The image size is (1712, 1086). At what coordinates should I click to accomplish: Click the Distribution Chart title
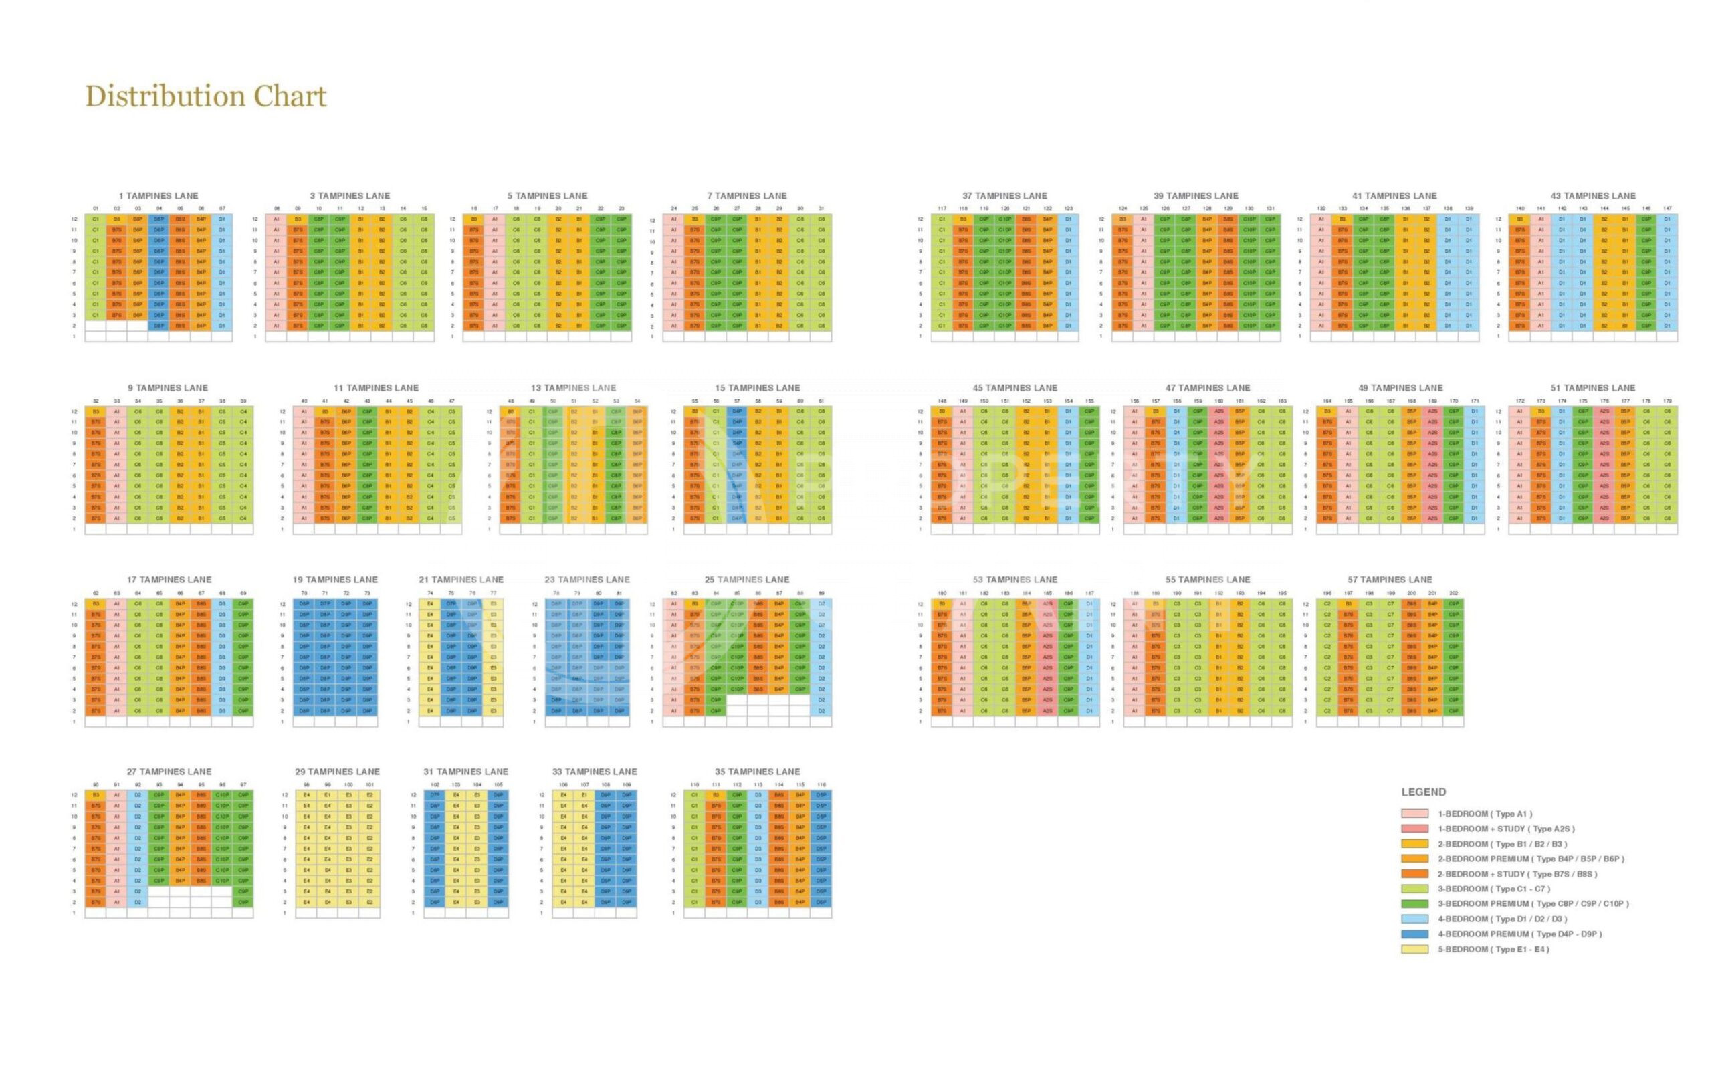click(x=205, y=97)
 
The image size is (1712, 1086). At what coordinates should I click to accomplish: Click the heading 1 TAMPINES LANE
click(x=158, y=195)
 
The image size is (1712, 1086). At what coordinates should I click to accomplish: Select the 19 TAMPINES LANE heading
click(x=335, y=580)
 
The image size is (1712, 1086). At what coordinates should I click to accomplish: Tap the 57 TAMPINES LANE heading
click(x=1389, y=580)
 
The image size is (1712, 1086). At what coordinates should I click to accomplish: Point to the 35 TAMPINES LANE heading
click(x=757, y=772)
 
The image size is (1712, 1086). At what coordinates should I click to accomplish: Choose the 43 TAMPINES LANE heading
click(x=1592, y=195)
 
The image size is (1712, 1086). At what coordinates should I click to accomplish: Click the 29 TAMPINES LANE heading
click(x=337, y=772)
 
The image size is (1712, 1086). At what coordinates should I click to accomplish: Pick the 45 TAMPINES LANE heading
click(x=1014, y=388)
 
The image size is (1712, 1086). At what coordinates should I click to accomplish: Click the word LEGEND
click(x=1423, y=792)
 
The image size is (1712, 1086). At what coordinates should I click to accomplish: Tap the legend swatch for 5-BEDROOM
click(x=1414, y=950)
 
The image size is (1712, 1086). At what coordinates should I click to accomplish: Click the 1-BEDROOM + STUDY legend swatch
click(x=1414, y=829)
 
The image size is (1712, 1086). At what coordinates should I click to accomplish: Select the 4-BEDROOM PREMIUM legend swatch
click(x=1414, y=935)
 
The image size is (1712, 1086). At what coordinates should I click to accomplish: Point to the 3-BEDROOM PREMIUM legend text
click(x=1533, y=904)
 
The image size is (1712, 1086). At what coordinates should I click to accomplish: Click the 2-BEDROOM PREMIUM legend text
click(x=1531, y=859)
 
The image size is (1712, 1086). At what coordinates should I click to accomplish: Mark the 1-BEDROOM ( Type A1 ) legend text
click(x=1485, y=814)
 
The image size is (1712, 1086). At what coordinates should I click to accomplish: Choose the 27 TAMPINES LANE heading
click(x=169, y=772)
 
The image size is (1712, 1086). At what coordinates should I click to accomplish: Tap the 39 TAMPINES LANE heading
click(x=1196, y=195)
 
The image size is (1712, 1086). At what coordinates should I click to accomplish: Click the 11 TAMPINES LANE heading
click(x=376, y=388)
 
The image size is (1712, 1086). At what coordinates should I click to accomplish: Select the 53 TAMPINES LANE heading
click(x=1014, y=580)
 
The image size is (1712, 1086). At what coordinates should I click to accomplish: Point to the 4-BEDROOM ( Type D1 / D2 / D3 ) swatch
click(x=1414, y=919)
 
